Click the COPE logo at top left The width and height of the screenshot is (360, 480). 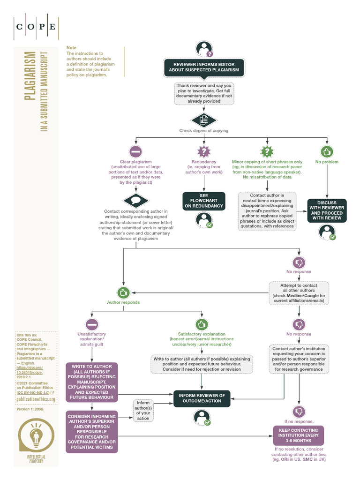(36, 26)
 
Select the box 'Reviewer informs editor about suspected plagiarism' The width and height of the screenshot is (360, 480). (203, 67)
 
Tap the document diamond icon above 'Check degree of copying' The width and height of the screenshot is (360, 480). (204, 120)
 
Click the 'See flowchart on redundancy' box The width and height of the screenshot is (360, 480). (204, 201)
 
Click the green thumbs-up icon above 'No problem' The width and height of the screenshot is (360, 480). (327, 152)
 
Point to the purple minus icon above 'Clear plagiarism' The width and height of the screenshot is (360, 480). (136, 152)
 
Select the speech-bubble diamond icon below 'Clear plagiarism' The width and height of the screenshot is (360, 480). (136, 201)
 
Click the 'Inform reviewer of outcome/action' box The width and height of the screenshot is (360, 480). (202, 398)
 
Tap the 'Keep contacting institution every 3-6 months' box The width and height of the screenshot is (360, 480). (298, 435)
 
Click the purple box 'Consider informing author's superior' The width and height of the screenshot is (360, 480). (92, 432)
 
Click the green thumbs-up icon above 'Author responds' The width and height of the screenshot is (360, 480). (123, 292)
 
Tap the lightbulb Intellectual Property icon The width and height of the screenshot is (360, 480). (36, 436)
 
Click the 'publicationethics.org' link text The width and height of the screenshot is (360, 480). (36, 399)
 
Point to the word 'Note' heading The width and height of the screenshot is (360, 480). (71, 48)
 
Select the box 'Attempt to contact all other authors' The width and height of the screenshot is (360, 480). (299, 293)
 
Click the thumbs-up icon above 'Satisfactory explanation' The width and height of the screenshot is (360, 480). (202, 324)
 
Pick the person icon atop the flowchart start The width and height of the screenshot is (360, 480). (204, 48)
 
